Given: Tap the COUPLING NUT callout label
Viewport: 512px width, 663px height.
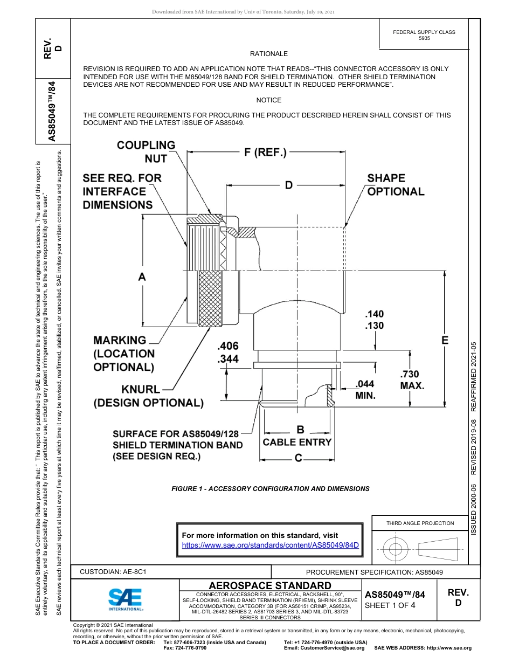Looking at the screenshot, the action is pos(146,152).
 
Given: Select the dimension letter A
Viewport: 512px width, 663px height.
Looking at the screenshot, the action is pos(142,277).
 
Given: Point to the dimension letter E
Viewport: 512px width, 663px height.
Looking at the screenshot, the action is pos(445,340).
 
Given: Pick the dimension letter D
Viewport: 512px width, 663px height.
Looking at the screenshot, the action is pos(289,185).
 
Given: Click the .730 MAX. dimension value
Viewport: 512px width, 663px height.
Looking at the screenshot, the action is pos(412,380).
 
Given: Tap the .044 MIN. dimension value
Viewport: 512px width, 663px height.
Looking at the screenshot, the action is pos(365,389).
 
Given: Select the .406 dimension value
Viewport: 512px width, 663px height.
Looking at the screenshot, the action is pos(227,346).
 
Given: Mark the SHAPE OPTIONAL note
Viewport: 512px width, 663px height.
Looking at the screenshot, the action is pos(396,185).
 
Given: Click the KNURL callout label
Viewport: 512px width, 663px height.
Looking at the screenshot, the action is pos(141,389).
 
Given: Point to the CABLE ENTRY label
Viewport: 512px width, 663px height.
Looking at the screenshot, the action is pos(297,442).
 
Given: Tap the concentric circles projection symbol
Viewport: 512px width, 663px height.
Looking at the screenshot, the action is pos(396,549).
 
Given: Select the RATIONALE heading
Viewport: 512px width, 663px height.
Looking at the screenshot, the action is pos(269,54).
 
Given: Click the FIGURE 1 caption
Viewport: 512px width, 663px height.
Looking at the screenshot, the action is pos(270,489).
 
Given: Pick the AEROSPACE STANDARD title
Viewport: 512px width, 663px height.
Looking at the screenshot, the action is pos(270,586).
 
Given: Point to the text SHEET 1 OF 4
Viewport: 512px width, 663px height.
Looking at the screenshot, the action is pos(390,605).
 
